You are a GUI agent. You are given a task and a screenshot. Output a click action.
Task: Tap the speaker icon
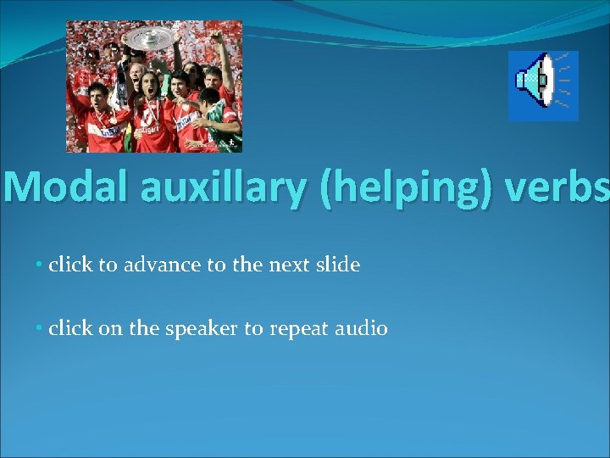tap(542, 85)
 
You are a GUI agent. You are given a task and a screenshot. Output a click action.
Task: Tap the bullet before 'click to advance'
tap(40, 265)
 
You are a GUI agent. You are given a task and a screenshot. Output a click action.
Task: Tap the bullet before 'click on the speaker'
tap(40, 329)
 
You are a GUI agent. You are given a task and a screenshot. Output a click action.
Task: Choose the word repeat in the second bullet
tap(299, 329)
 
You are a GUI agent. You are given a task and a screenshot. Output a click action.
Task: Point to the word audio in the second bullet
tap(363, 329)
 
